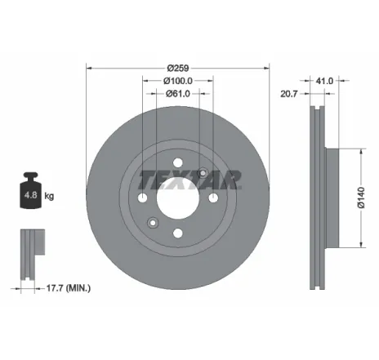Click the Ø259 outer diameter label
pyautogui.click(x=178, y=68)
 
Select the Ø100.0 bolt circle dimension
pyautogui.click(x=177, y=81)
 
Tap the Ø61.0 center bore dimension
pyautogui.click(x=177, y=94)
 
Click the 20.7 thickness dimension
pyautogui.click(x=289, y=95)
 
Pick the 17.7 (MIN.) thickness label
pyautogui.click(x=68, y=288)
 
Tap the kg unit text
pyautogui.click(x=49, y=197)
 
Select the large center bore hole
pyautogui.click(x=177, y=197)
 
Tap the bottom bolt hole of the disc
pyautogui.click(x=177, y=233)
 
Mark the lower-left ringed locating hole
pyautogui.click(x=152, y=222)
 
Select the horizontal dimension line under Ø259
pyautogui.click(x=178, y=74)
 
